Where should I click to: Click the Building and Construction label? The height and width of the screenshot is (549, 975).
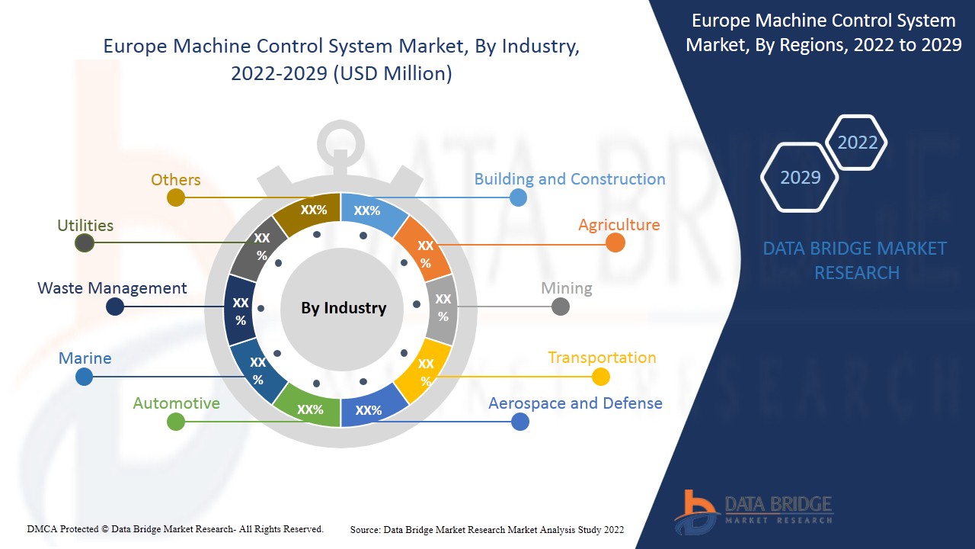click(x=569, y=179)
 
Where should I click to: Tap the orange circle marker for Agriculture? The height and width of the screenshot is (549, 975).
click(x=615, y=242)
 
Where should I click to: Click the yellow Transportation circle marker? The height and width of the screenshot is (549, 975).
click(x=601, y=377)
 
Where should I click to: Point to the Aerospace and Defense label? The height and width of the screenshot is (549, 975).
click(x=575, y=403)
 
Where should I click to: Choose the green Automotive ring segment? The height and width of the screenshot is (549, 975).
click(x=308, y=408)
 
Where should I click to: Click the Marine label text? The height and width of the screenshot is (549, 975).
click(x=85, y=358)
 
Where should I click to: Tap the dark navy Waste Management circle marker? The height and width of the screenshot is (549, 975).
click(x=115, y=307)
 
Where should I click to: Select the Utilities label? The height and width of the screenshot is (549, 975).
click(x=85, y=226)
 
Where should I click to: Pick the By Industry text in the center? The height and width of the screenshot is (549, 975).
click(x=344, y=308)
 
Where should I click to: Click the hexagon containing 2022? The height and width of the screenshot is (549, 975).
click(x=857, y=143)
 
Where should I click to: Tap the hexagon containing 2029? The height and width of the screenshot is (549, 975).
click(x=800, y=177)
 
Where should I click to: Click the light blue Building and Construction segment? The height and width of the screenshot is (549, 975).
click(x=370, y=211)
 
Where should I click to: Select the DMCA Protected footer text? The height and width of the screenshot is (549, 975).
click(x=175, y=529)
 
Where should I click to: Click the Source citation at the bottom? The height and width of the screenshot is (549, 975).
click(x=487, y=530)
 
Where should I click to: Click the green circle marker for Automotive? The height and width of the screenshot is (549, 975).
click(x=176, y=422)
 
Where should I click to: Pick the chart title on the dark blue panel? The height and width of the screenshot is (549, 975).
click(x=823, y=33)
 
